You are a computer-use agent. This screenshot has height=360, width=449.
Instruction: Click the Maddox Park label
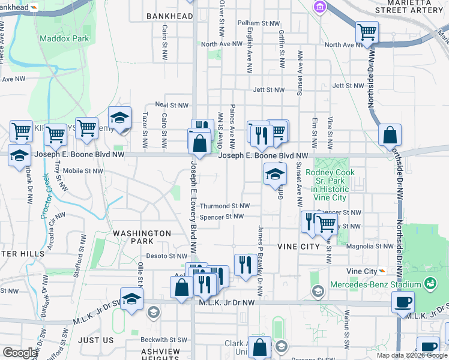(64, 38)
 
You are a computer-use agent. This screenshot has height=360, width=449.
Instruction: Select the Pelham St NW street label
(259, 23)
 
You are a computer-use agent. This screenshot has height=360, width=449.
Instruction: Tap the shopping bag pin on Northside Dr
(390, 136)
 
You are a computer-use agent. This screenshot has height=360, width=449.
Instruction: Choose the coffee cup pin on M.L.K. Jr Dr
(403, 302)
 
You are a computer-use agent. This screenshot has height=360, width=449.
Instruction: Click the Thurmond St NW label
(224, 206)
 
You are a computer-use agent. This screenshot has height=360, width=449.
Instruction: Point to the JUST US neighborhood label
(96, 340)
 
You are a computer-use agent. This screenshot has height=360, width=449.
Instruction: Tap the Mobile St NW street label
(83, 170)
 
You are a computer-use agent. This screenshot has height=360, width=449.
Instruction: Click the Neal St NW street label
(172, 104)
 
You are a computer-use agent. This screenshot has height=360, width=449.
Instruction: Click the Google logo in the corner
(20, 353)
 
